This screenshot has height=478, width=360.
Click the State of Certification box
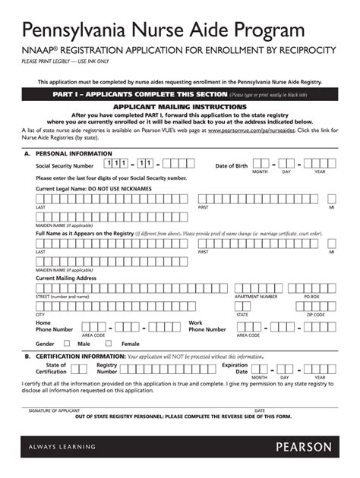coord(79,368)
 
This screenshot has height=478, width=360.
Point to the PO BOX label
coord(311,296)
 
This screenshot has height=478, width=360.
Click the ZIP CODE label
coord(315,314)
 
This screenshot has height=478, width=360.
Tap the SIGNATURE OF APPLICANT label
coord(54,410)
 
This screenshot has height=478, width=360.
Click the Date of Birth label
coord(231,165)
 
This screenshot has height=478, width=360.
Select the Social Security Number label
coord(65,165)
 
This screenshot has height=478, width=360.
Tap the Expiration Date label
coord(234,368)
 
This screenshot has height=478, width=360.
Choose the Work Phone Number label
coord(207,326)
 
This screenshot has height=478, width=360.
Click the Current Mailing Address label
coord(66,278)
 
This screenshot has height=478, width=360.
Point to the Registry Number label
coord(107,368)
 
